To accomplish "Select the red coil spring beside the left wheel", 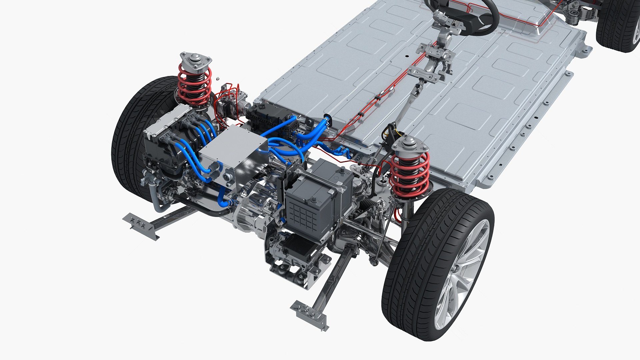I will click(194, 85).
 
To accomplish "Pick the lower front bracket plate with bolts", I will click(308, 312).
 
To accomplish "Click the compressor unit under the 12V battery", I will click(293, 250).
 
